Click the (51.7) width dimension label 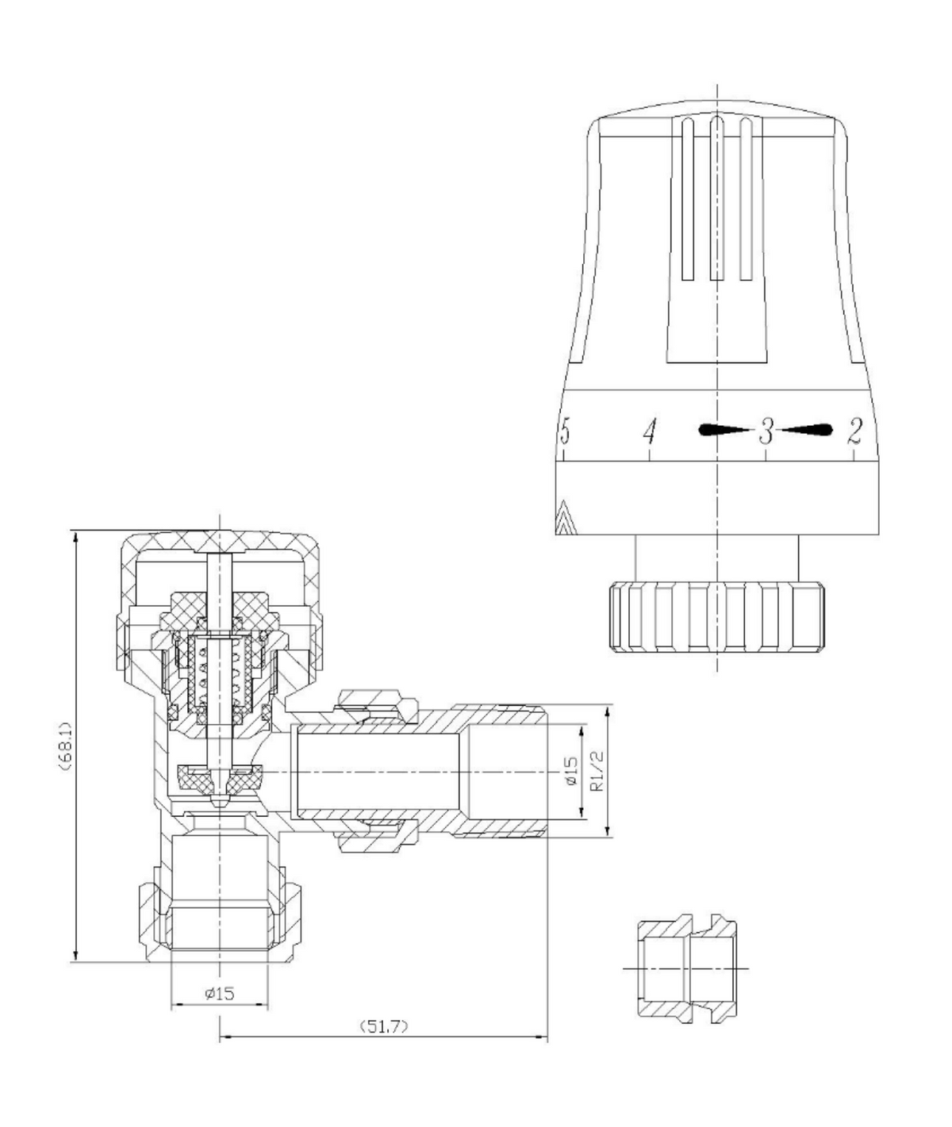click(x=384, y=1026)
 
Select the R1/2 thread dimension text click(x=597, y=772)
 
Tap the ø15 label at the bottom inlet click(x=220, y=993)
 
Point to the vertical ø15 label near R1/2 click(x=570, y=772)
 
